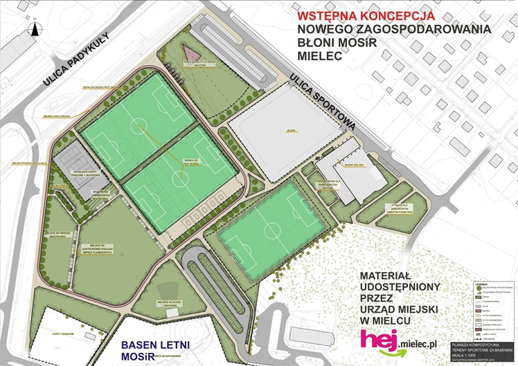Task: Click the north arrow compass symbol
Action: (32, 28)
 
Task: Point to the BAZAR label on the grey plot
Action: (291, 129)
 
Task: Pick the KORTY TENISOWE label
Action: (63, 333)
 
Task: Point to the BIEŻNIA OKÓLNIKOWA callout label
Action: (57, 116)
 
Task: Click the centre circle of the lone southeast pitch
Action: (272, 227)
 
